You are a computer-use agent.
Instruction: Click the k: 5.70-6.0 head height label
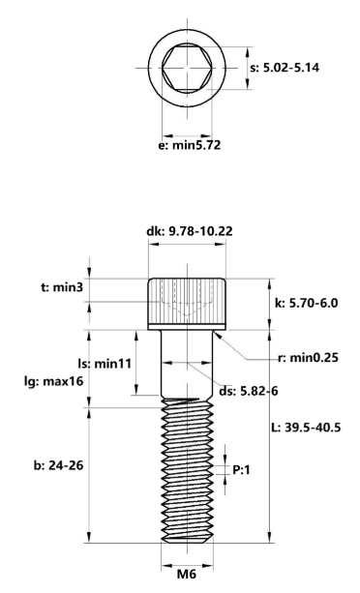tap(309, 303)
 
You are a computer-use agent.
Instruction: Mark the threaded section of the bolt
tap(185, 474)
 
